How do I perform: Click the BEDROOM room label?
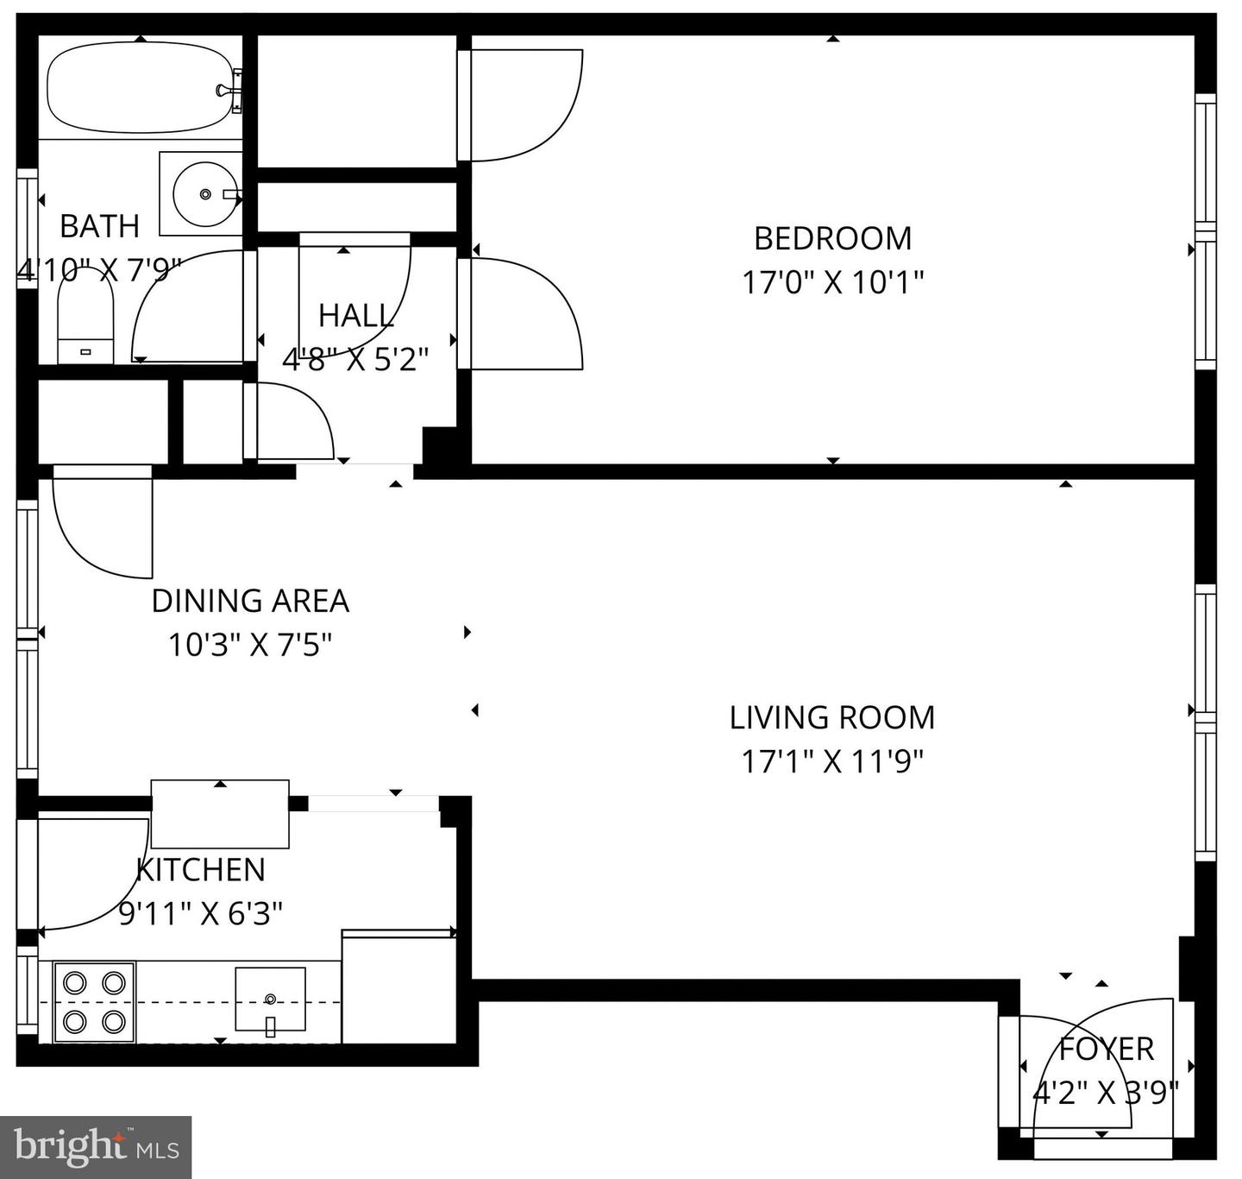coord(832,238)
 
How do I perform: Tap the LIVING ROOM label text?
coord(832,718)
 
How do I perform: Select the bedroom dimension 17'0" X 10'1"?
coord(832,282)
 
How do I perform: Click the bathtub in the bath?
coord(138,89)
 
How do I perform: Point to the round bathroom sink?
coord(205,194)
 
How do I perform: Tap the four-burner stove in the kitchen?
coord(94,1002)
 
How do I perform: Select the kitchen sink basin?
coord(270,999)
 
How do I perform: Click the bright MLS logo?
coord(96,1147)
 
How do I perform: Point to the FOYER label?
coord(1106,1050)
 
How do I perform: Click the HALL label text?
coord(356,316)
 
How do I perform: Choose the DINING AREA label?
coord(250,601)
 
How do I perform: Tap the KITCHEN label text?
coord(201,870)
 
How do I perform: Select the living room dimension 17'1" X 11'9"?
coord(832,761)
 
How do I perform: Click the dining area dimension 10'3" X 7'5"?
coord(250,645)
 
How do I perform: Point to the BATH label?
coord(99,226)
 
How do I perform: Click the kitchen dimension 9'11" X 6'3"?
coord(201,913)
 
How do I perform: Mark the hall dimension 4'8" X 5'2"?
coord(356,359)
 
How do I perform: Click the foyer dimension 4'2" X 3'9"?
coord(1106,1094)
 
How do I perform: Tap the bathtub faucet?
coord(228,90)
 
